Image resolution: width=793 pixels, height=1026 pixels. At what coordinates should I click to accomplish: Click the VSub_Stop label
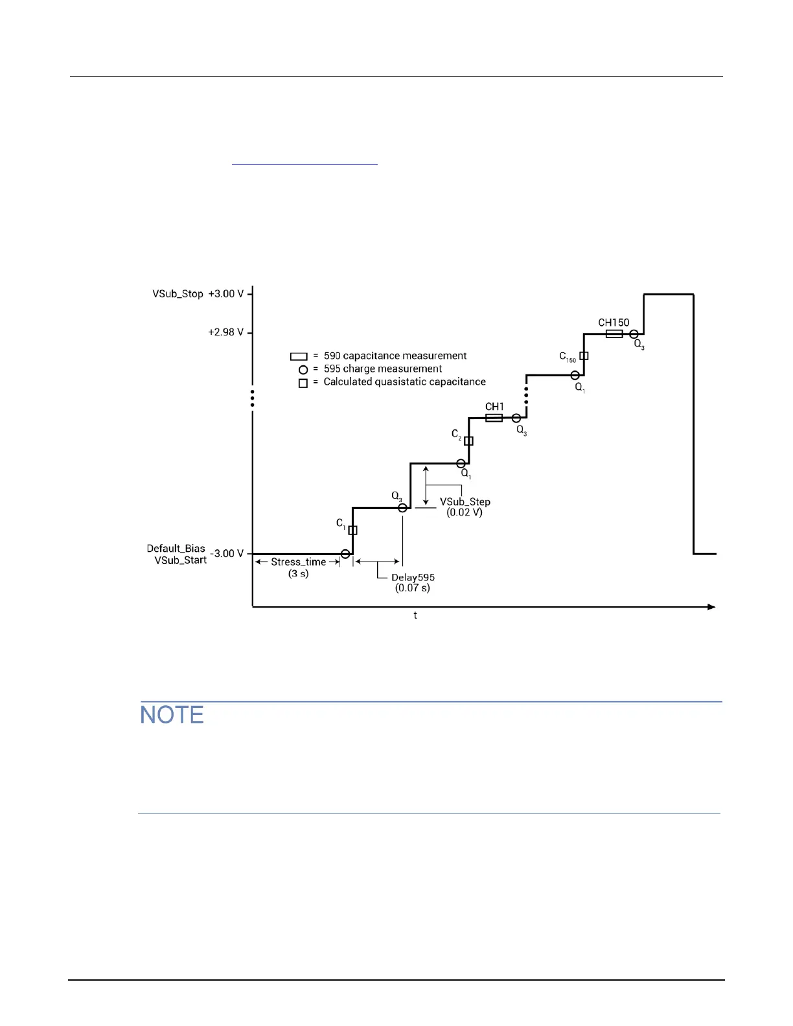178,294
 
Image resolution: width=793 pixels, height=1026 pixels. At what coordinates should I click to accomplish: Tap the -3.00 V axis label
227,554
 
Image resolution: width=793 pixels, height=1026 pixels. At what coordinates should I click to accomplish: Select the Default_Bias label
176,549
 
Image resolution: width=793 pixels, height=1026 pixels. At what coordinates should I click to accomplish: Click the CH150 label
614,323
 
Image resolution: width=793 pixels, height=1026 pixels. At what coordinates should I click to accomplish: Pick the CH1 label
494,407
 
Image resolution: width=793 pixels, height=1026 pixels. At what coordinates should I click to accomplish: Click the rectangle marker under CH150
614,334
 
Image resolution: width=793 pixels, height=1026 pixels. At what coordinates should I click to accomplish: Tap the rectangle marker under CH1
494,418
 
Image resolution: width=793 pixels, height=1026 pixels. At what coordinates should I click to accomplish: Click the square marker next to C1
352,530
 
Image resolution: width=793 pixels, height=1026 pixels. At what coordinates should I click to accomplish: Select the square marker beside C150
584,356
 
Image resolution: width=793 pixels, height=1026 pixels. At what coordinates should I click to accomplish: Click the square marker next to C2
468,441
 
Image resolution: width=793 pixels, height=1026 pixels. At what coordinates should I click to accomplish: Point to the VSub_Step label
465,502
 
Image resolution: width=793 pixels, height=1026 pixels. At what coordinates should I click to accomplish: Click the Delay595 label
413,578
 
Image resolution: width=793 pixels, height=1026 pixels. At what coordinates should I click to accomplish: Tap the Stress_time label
298,562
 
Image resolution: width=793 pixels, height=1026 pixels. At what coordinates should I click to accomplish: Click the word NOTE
172,715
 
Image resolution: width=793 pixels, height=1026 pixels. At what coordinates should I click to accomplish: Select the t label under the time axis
415,615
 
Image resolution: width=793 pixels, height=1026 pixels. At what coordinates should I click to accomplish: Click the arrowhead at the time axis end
711,607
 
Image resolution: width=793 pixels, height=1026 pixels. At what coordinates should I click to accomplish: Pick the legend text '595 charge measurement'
383,369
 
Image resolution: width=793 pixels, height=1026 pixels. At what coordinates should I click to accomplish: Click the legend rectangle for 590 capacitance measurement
299,356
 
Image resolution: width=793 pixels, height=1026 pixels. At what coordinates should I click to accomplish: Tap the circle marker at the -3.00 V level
345,554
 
